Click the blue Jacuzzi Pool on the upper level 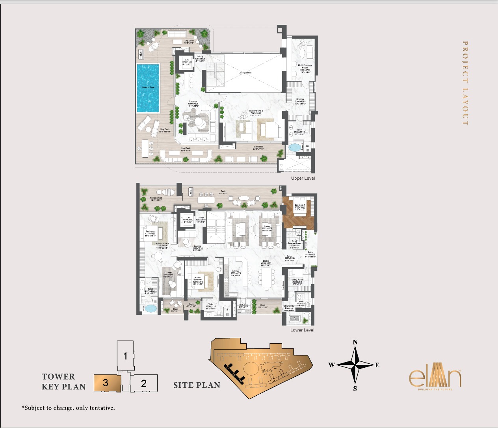coord(148,87)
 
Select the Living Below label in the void coord(245,73)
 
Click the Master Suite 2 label coord(256,113)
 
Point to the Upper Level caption coord(303,179)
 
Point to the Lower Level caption coord(302,330)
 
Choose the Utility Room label coord(297,281)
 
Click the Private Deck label coord(156,199)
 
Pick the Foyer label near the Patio coord(290,257)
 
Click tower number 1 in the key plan coord(125,356)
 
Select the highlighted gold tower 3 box coord(106,383)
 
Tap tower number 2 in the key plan coord(144,383)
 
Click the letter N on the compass coord(355,342)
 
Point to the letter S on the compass coord(355,389)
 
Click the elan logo coord(435,378)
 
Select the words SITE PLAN coord(197,385)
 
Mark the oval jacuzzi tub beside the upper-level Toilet coord(294,148)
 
